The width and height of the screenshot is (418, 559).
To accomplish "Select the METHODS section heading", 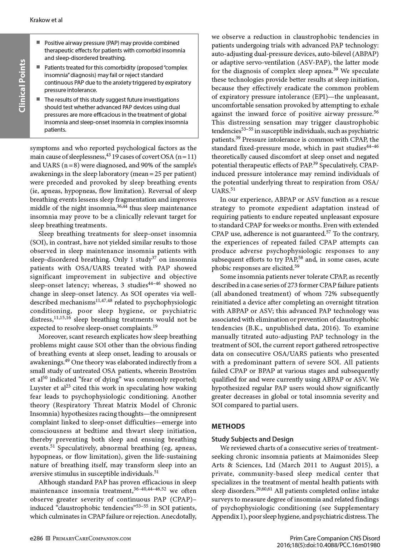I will (228, 426).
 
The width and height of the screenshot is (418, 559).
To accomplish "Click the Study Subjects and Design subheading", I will (252, 439).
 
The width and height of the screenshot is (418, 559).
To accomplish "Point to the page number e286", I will (37, 538).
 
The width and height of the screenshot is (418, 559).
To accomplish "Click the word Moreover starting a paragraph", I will (52, 337).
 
